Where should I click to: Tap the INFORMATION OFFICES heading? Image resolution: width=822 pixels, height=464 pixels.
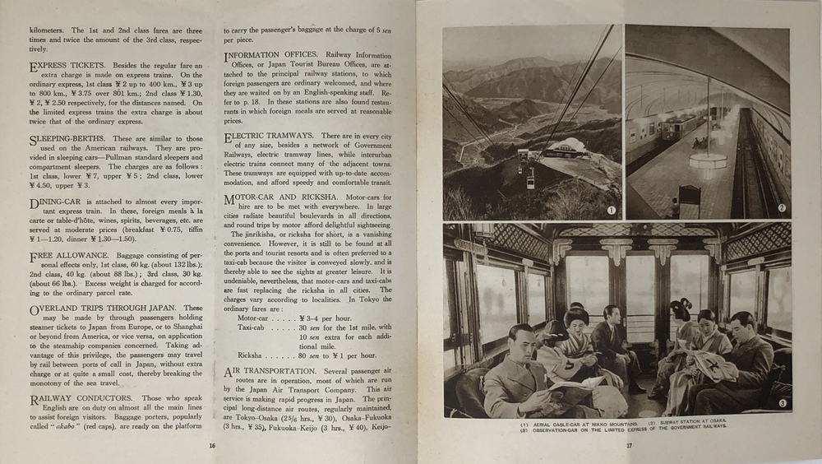coord(280,56)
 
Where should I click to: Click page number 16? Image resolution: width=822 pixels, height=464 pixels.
coord(212,445)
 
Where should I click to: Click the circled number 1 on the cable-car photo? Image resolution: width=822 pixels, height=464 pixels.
coord(611,210)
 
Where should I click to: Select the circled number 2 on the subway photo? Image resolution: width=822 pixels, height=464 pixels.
coord(782,208)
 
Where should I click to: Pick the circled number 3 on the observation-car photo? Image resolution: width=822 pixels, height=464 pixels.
coord(782,403)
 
